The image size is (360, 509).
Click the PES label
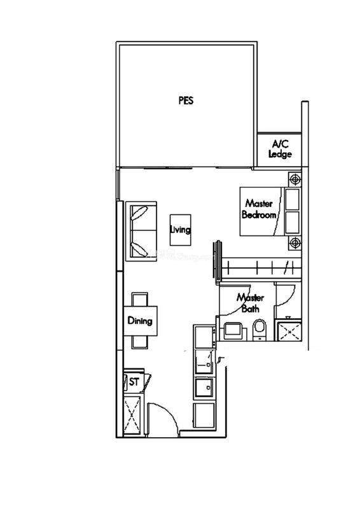(x=186, y=101)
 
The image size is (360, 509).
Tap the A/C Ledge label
(x=280, y=149)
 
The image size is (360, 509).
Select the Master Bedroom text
(x=259, y=209)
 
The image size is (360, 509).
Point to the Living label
(x=180, y=230)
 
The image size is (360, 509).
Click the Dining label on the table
(x=140, y=321)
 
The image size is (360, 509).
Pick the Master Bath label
(x=250, y=303)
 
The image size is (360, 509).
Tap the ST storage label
(x=134, y=382)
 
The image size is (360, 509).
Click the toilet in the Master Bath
(x=260, y=330)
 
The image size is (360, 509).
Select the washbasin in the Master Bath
(x=232, y=331)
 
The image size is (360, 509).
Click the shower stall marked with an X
(x=288, y=330)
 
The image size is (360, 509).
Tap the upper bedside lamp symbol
(x=294, y=179)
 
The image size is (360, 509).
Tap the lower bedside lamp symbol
(x=294, y=242)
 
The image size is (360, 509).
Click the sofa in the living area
(x=141, y=230)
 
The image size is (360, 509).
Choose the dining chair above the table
(x=140, y=299)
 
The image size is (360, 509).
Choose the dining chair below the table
(x=140, y=342)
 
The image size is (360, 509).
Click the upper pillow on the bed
(x=292, y=199)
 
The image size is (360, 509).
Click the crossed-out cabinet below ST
(x=132, y=415)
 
